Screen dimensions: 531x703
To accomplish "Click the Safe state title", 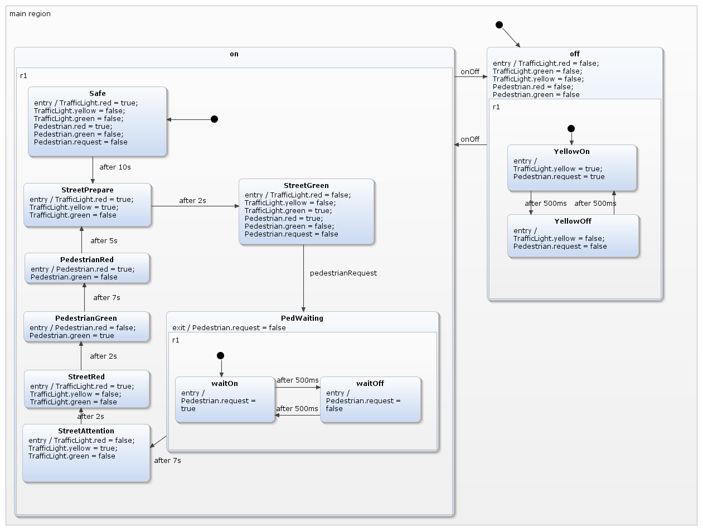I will tap(97, 93).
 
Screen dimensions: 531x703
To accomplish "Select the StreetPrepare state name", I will tap(87, 190).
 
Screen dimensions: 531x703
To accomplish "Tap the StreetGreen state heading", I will tap(306, 185).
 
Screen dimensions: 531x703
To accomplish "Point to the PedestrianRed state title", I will tap(86, 259).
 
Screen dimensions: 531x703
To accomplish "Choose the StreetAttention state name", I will tap(86, 431).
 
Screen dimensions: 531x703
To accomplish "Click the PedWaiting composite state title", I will tap(302, 318).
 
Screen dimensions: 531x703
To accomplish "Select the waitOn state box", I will tap(225, 400).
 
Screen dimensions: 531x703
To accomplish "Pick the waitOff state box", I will tap(370, 400).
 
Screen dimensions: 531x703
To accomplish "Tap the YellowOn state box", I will tap(571, 168).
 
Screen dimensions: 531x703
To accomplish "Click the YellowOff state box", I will tap(573, 236).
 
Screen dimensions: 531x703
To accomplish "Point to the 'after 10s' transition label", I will tap(115, 167).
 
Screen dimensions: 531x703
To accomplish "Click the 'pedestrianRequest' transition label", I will tap(343, 273).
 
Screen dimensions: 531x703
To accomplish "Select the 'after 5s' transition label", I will tap(104, 240).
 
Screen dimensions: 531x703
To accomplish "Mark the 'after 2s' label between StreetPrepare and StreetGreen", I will tap(192, 200).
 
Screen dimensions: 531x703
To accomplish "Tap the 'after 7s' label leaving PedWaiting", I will tap(167, 460).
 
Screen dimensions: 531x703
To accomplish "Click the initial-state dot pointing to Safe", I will tap(214, 119).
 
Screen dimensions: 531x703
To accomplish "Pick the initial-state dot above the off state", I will tap(499, 25).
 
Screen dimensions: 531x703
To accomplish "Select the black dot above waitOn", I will tap(220, 356).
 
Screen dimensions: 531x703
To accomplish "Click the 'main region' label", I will tap(30, 13).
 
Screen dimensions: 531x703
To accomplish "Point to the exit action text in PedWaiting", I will tap(229, 327).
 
